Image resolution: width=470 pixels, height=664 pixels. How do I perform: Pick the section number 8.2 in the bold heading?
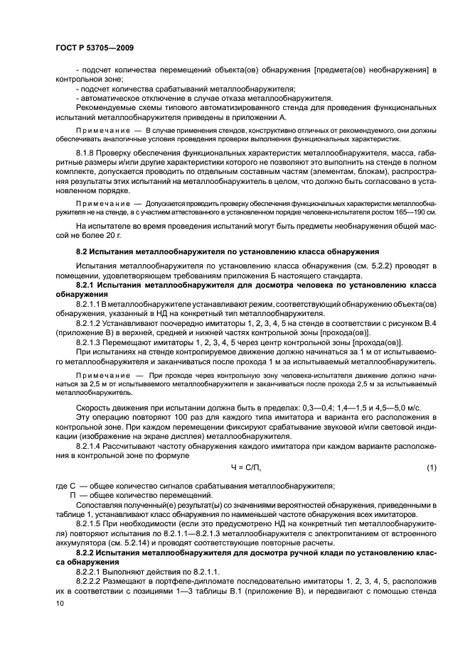click(83, 252)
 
